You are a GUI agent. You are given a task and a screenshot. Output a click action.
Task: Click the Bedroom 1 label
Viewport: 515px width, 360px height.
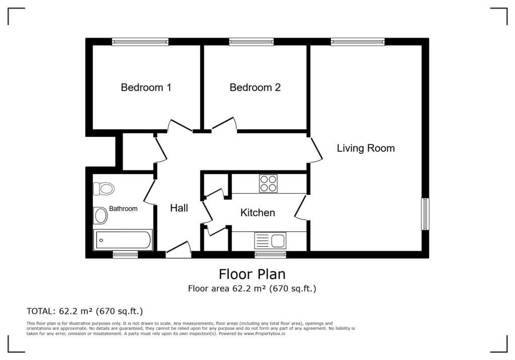(x=146, y=87)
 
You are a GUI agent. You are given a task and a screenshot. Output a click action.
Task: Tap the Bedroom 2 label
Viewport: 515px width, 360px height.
(x=255, y=87)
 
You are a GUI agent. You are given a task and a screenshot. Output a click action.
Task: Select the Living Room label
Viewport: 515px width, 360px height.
(x=366, y=148)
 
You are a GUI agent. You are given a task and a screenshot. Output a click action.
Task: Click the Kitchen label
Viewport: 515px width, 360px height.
(x=257, y=213)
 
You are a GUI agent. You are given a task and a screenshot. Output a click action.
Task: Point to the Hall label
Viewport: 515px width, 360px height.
(x=179, y=208)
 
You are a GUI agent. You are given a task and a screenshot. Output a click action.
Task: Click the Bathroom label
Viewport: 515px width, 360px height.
(x=123, y=209)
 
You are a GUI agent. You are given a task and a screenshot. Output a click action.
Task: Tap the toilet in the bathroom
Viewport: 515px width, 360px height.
(x=104, y=189)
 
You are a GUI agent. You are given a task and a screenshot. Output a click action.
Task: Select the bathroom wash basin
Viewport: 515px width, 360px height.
(x=101, y=216)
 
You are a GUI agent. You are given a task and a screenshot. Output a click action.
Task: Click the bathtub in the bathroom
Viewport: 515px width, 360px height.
(x=123, y=240)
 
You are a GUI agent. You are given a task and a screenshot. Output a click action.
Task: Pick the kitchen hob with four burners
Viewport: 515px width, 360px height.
(x=268, y=184)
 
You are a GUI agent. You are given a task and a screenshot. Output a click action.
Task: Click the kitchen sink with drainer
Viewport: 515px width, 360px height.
(x=270, y=240)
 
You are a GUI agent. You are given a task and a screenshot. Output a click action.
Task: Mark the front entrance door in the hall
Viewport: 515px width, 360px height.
(x=178, y=250)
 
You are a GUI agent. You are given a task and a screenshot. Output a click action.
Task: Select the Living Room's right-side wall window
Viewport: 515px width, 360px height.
(x=425, y=214)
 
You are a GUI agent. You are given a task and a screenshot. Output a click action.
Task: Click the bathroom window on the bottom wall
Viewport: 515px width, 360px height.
(x=125, y=255)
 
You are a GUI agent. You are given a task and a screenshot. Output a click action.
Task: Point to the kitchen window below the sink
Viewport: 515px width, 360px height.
(x=270, y=255)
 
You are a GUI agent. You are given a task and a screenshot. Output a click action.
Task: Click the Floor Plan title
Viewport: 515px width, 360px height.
(x=252, y=274)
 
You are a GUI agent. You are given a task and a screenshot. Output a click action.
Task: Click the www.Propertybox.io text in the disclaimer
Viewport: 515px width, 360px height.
(x=264, y=334)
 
